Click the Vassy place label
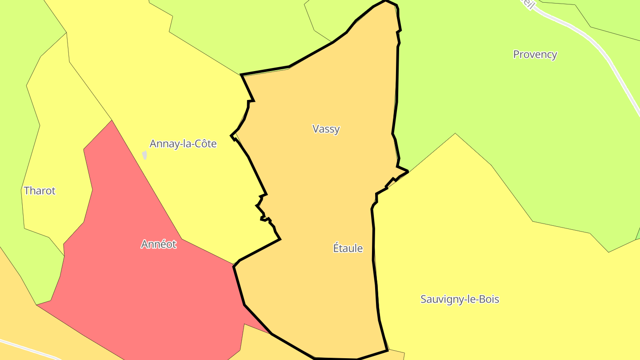pyautogui.click(x=326, y=129)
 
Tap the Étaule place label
pyautogui.click(x=348, y=248)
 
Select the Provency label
pyautogui.click(x=535, y=54)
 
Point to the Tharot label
pyautogui.click(x=40, y=191)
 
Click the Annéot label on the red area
pyautogui.click(x=159, y=244)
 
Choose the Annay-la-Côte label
pyautogui.click(x=183, y=144)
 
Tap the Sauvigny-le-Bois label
pyautogui.click(x=460, y=299)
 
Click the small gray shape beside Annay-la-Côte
pyautogui.click(x=144, y=155)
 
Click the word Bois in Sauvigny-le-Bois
pyautogui.click(x=488, y=299)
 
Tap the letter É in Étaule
pyautogui.click(x=336, y=248)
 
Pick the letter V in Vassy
pyautogui.click(x=316, y=129)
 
